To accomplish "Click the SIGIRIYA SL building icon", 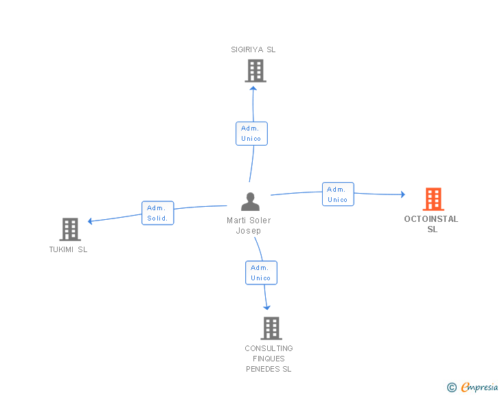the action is click(x=255, y=71).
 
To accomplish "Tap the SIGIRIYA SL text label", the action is click(x=253, y=49).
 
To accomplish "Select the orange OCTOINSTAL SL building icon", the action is click(x=433, y=199).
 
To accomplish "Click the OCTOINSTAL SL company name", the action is click(x=431, y=224).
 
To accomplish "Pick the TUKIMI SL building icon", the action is click(x=70, y=229).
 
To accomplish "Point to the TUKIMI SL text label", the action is click(x=68, y=249).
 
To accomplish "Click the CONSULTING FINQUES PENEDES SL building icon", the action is click(x=271, y=328).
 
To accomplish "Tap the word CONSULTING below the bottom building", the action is click(x=269, y=348).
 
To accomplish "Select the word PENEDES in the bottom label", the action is click(x=263, y=369).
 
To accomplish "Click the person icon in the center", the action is click(x=250, y=202).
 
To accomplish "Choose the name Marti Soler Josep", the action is click(x=249, y=225).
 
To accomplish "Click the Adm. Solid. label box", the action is click(x=157, y=213).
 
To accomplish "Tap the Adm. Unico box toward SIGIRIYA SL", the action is click(x=251, y=133).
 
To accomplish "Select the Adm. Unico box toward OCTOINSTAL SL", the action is click(x=338, y=194).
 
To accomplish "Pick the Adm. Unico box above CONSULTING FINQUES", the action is click(x=261, y=273).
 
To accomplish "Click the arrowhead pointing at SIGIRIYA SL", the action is click(x=253, y=89).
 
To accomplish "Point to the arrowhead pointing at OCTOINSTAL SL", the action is click(x=403, y=194).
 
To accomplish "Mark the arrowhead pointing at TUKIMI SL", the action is click(x=90, y=221).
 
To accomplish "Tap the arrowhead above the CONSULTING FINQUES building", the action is click(x=267, y=308).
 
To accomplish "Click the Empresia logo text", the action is click(x=479, y=387).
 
